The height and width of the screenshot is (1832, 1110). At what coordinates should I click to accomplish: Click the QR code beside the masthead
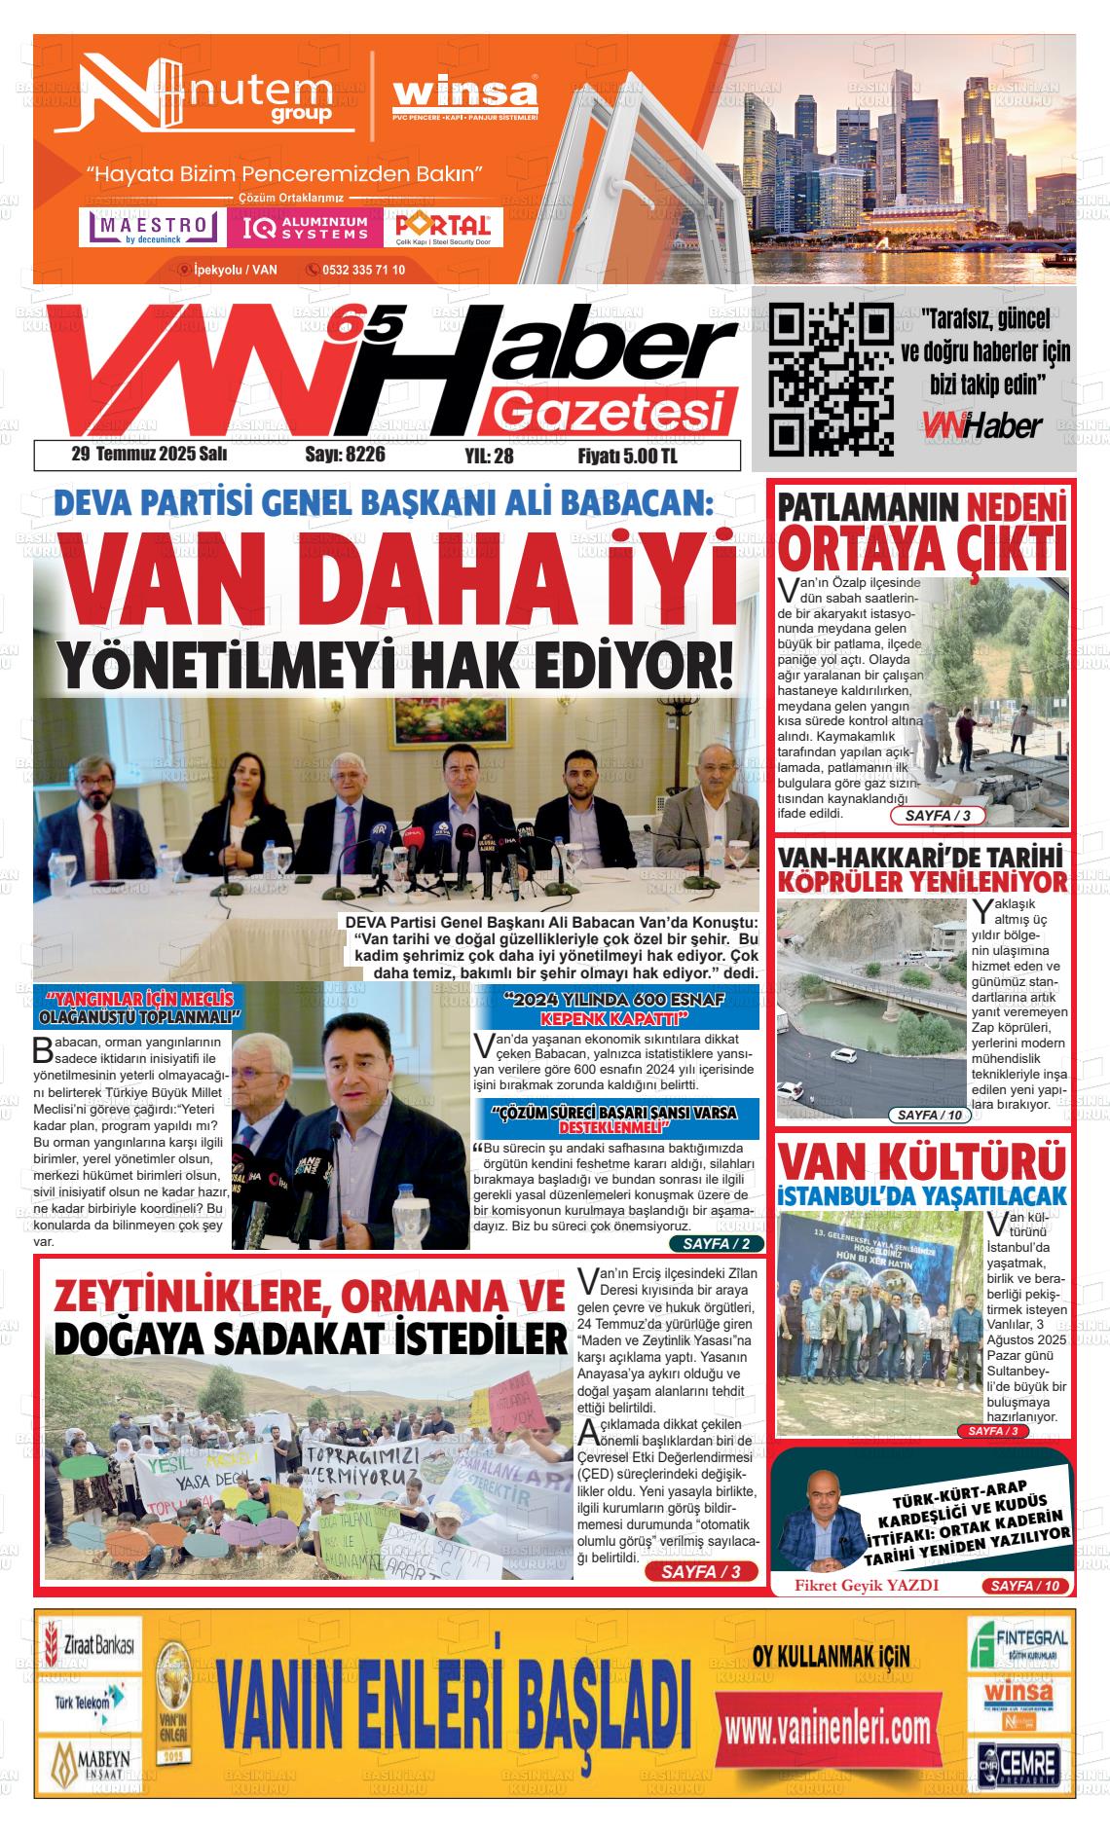point(831,380)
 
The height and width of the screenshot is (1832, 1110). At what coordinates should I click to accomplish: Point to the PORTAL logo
point(443,227)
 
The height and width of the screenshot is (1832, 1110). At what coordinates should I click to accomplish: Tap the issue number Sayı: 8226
point(345,455)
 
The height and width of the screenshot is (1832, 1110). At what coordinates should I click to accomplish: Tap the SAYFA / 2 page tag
point(717,1244)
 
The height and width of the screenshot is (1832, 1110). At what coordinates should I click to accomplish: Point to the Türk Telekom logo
point(88,1702)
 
